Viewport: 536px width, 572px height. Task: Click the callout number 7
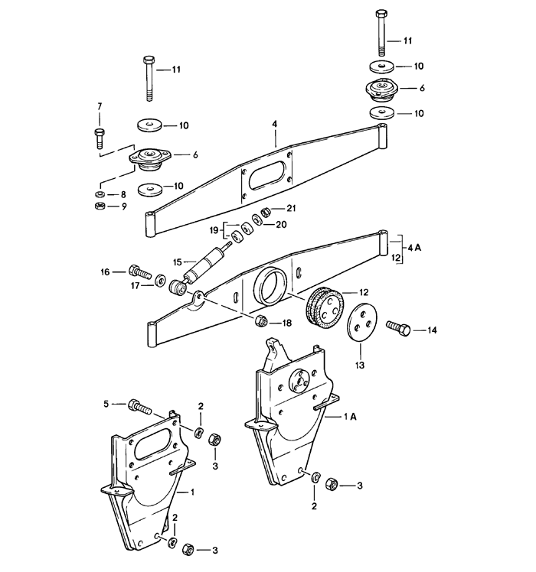(x=98, y=105)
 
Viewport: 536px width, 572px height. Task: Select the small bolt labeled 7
(x=98, y=138)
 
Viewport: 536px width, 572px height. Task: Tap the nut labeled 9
(x=98, y=206)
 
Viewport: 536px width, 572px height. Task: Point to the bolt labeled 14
(x=399, y=330)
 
